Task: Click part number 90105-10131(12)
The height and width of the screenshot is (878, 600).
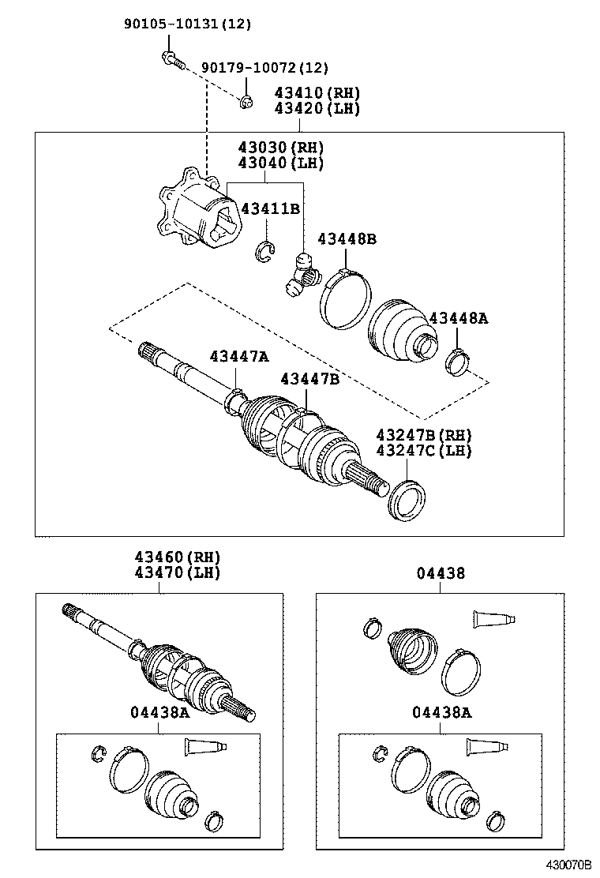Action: [187, 24]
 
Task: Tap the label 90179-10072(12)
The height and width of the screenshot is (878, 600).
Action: [264, 69]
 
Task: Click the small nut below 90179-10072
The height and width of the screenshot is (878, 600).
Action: [246, 100]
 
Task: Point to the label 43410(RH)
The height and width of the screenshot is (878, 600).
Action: [317, 93]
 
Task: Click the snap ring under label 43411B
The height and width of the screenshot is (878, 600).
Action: [265, 252]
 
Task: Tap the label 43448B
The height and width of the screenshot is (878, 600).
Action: [347, 238]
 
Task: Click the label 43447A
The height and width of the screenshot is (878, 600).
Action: [239, 356]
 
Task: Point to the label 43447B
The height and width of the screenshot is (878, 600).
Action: [309, 379]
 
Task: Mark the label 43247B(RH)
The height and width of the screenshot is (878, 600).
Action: [423, 435]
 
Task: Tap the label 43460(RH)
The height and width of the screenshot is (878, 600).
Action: [166, 557]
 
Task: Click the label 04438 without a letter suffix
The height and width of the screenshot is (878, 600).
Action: [441, 574]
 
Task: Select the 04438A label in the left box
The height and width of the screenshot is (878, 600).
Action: [159, 712]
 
